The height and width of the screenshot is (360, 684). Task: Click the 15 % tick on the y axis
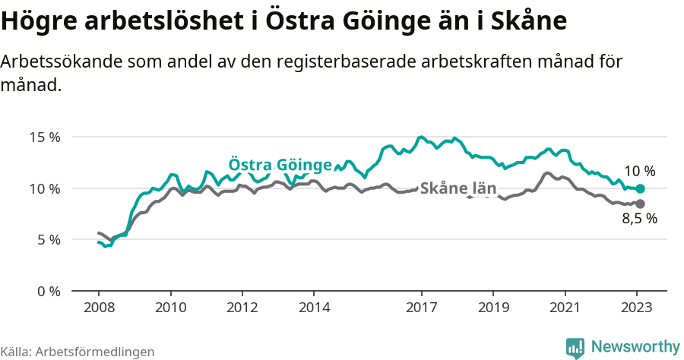coord(45,137)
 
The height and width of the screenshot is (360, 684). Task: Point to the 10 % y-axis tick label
coord(45,188)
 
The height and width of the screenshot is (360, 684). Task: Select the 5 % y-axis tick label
coord(49,239)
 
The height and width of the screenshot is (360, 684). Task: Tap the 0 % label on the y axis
coord(49,291)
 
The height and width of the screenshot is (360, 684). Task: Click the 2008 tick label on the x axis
coord(99,308)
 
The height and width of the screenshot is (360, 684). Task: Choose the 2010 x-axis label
coord(170,308)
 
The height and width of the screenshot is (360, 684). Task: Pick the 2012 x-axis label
coord(242,308)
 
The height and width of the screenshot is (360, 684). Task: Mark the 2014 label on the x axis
coord(314,308)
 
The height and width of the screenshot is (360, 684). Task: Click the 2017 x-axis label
coord(421,308)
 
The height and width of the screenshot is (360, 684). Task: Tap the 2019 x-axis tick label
coord(493,308)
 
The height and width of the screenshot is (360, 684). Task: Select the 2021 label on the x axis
coord(565,308)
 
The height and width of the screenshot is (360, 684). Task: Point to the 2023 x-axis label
coord(636,308)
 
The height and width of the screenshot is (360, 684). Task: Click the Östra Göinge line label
coord(280,166)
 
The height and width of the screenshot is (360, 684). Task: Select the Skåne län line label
coord(458,188)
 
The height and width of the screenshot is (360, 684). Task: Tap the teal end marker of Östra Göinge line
coord(640,188)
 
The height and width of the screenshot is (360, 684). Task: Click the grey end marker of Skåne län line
coord(640,204)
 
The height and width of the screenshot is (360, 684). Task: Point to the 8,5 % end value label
coord(639,219)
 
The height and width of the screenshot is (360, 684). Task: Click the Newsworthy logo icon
coord(575,347)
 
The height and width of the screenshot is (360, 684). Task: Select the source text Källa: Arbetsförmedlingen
coord(78,352)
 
